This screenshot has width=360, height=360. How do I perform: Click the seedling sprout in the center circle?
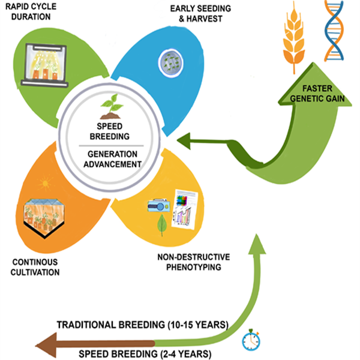click(x=112, y=106)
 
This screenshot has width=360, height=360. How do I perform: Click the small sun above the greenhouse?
click(x=42, y=182)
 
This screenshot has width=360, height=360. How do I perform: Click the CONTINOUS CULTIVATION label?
click(x=35, y=267)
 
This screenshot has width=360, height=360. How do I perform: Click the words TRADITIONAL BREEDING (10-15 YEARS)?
click(x=142, y=325)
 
